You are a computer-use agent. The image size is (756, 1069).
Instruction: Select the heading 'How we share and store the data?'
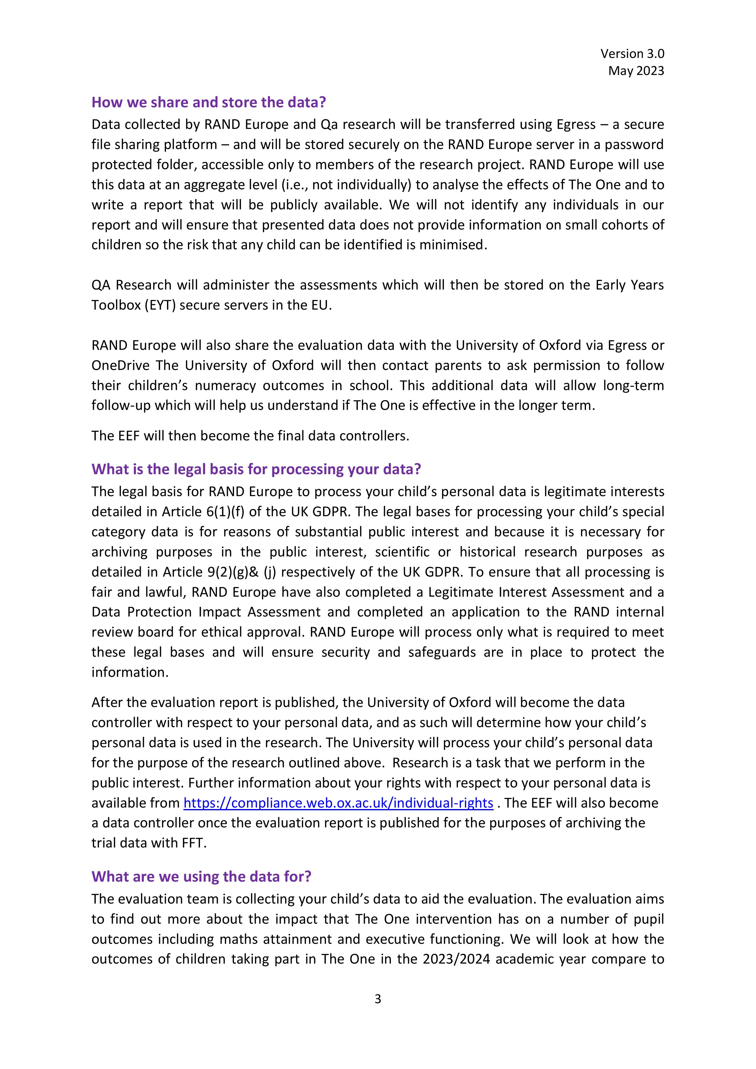point(208,102)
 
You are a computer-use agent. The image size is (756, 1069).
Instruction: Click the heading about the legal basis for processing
point(256,469)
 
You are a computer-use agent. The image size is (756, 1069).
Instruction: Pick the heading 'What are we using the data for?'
point(201,876)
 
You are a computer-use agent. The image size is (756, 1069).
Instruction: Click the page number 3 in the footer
point(378,999)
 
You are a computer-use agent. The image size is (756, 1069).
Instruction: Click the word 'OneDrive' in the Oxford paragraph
point(120,365)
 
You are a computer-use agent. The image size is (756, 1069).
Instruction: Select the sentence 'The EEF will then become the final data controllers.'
point(250,436)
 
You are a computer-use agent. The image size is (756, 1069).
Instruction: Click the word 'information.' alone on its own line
point(130,672)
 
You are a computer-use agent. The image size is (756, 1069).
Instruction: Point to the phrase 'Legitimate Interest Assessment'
point(524,592)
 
